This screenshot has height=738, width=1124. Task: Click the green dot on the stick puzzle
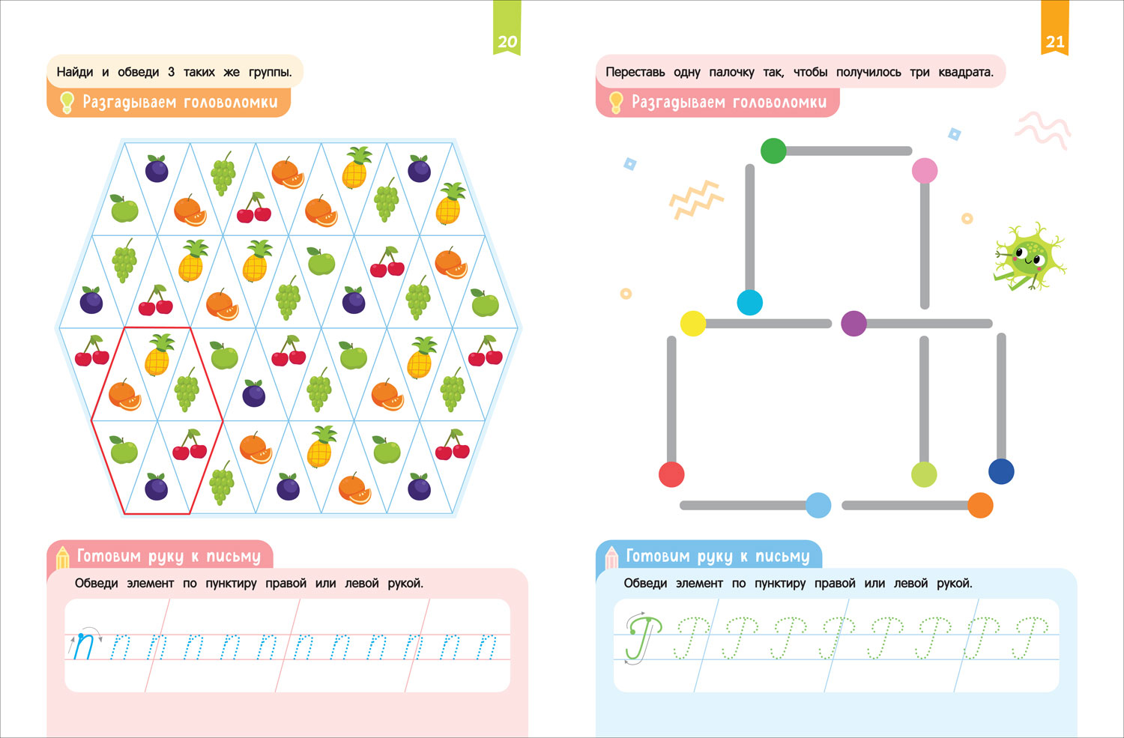pos(773,151)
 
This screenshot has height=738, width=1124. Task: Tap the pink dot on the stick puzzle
pos(925,171)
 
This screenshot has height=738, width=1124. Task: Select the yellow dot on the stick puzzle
pos(693,324)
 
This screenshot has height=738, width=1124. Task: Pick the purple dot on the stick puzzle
pos(853,324)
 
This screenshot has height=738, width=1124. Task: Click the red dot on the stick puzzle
pos(671,474)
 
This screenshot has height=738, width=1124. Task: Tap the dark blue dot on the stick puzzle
pos(1001,471)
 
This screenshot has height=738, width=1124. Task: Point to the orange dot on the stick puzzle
pos(980,505)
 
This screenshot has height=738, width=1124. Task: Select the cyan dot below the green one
pos(749,303)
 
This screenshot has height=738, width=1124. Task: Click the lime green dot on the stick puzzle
pos(924,474)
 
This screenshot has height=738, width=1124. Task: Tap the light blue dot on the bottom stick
pos(818,505)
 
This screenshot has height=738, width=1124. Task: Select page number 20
pos(507,42)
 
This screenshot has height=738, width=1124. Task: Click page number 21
pos(1055,42)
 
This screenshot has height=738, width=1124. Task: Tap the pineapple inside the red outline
pos(158,355)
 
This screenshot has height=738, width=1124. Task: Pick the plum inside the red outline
pos(156,488)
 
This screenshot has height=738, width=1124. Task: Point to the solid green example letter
pos(642,637)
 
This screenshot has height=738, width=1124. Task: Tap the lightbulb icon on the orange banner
pos(67,102)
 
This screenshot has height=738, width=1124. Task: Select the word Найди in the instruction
pos(75,72)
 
